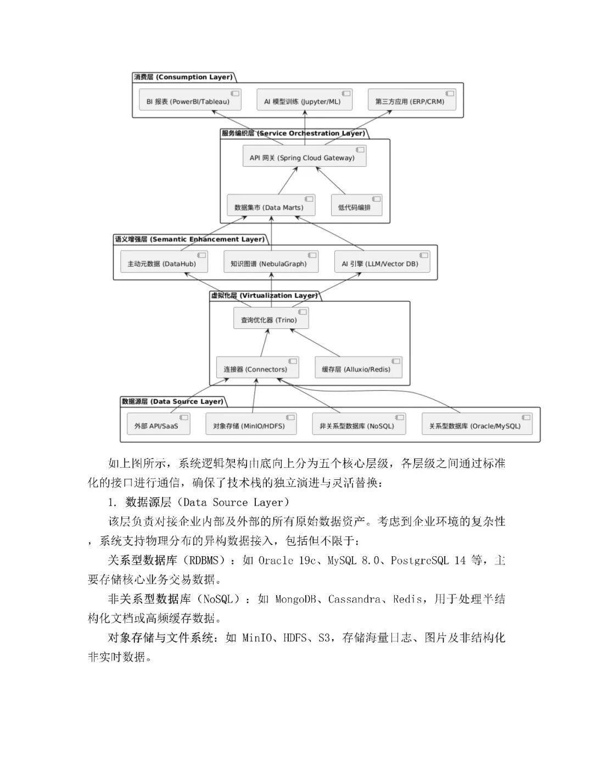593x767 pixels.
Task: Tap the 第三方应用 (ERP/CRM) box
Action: (412, 100)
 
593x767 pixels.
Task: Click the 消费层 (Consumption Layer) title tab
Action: (183, 77)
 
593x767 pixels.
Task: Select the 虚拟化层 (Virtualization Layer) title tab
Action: (264, 295)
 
